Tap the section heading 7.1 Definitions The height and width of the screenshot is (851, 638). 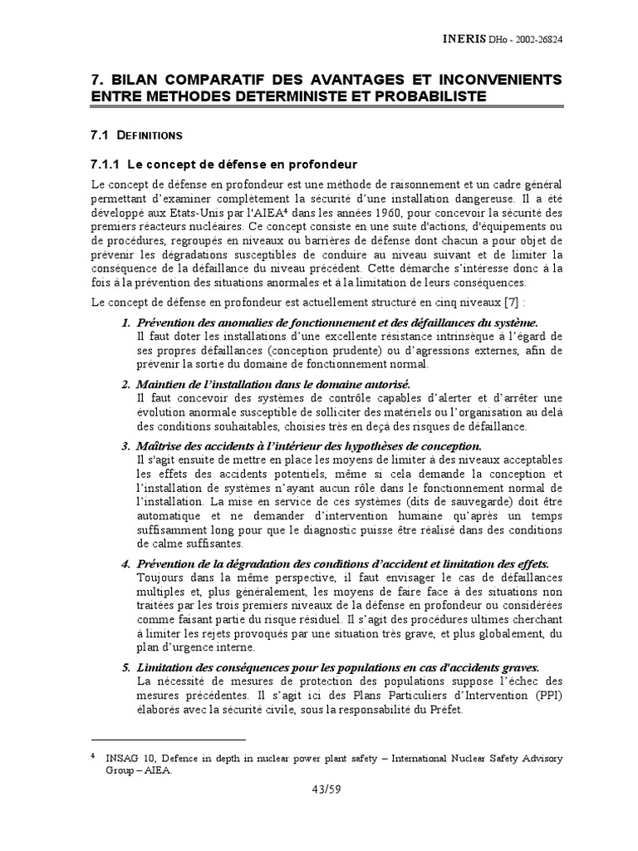pyautogui.click(x=136, y=134)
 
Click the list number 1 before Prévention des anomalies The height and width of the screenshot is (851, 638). pyautogui.click(x=126, y=322)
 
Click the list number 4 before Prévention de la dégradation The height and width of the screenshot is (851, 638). pyautogui.click(x=126, y=564)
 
